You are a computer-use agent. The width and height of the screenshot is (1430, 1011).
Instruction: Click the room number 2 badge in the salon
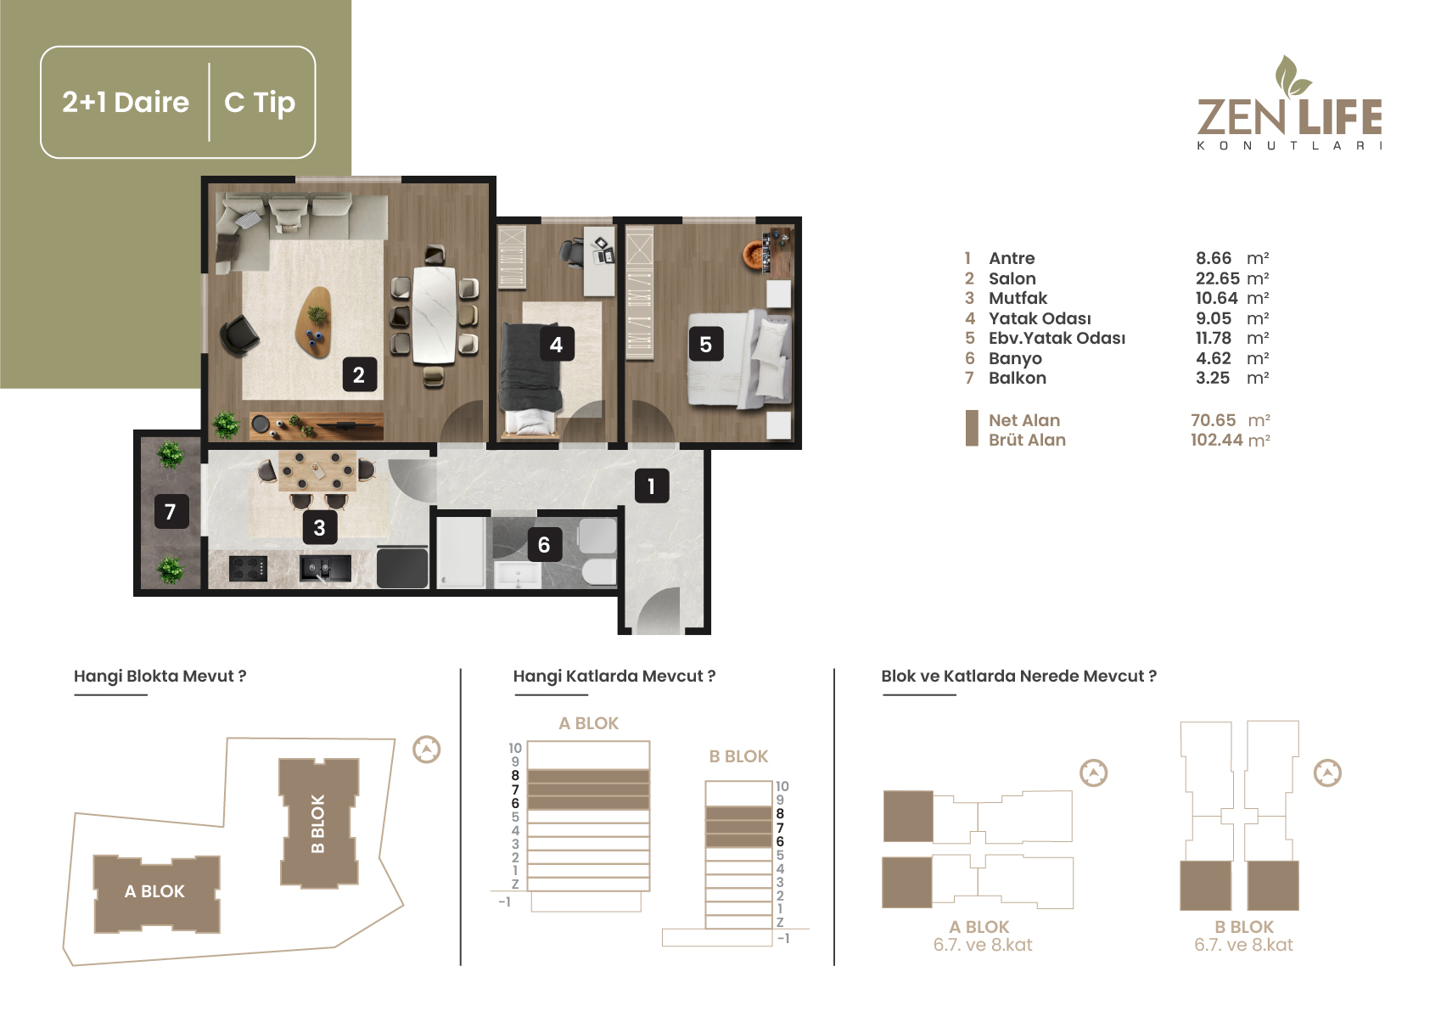(359, 375)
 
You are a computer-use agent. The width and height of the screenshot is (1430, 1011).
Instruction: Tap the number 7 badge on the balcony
(171, 512)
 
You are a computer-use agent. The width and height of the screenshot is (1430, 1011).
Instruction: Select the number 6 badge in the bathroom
(544, 545)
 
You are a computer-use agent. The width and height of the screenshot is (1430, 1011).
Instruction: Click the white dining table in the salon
(435, 316)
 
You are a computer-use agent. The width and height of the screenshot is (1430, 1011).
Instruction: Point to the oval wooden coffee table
(314, 321)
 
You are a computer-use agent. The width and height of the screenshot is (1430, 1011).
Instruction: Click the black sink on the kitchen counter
(325, 568)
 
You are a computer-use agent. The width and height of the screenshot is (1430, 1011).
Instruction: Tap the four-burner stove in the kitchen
(248, 569)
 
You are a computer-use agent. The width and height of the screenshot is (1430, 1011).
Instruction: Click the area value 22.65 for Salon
(1218, 278)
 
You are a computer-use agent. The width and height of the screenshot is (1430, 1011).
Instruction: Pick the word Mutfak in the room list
(1018, 298)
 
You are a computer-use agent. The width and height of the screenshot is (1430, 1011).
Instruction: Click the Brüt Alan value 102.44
(1216, 440)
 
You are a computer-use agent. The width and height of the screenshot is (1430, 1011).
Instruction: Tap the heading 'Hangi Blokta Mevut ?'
(160, 676)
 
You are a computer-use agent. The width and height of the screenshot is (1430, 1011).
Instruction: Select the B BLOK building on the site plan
(318, 823)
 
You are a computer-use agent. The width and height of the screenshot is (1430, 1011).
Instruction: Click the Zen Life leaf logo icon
(1291, 76)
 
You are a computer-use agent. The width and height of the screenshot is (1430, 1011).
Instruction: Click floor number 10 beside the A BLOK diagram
(515, 748)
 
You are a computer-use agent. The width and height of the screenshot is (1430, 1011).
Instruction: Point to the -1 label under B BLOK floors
(783, 938)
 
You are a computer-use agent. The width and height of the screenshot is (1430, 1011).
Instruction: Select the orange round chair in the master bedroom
(756, 255)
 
